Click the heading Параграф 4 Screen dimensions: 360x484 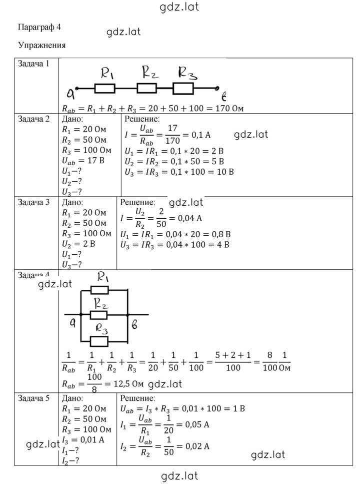tap(39, 28)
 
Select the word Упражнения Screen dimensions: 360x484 tap(41, 46)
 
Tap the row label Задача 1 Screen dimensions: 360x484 tap(33, 64)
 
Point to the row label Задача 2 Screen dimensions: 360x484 tap(33, 119)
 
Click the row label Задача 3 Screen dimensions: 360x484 tap(33, 202)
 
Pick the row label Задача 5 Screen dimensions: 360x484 tap(33, 398)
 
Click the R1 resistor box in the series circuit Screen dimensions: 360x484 tap(105, 89)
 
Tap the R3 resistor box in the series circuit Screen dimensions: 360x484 tap(183, 89)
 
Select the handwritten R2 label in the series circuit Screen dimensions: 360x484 tap(150, 73)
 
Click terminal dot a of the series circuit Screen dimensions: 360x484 tap(77, 89)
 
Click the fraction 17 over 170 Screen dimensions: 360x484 tap(172, 135)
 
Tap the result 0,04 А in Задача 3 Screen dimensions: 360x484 tap(189, 219)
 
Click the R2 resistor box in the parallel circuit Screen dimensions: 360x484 tap(98, 315)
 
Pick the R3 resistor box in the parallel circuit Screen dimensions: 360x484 tap(99, 341)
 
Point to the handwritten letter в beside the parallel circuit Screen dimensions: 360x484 tap(134, 325)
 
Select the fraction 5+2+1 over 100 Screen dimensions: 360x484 tap(233, 361)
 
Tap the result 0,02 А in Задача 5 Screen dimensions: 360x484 tap(197, 446)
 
